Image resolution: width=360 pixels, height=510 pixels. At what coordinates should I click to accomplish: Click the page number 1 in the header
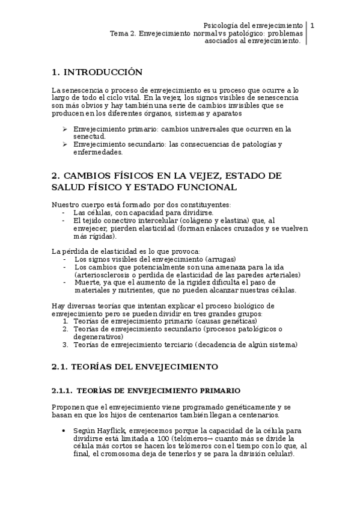tap(313, 26)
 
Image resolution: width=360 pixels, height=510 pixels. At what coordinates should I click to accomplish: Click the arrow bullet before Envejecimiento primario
tap(65, 129)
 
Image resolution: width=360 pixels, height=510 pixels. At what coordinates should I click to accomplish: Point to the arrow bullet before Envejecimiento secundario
tap(65, 144)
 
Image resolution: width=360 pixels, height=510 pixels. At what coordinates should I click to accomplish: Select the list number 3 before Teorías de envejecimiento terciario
tap(65, 345)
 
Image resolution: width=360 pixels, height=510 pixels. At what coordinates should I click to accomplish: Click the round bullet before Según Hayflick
tap(64, 431)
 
